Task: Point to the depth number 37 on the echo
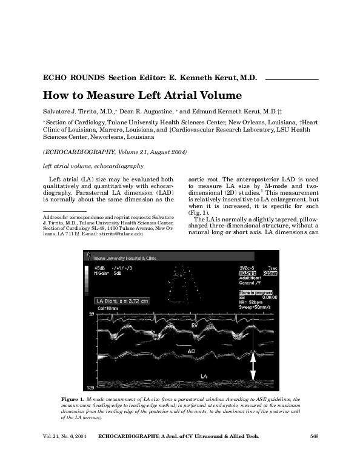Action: (91, 315)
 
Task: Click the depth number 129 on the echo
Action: (90, 387)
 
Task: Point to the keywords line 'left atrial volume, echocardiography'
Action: (93, 166)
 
